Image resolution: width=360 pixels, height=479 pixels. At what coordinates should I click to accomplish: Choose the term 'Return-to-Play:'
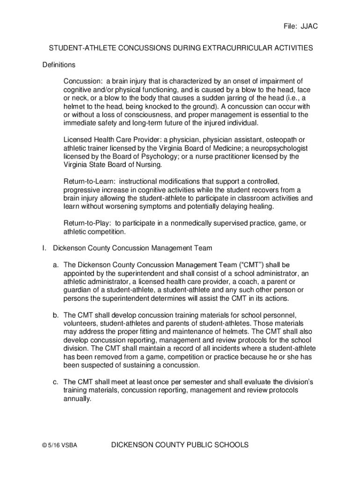click(87, 223)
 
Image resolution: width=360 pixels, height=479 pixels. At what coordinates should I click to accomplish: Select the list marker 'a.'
click(56, 265)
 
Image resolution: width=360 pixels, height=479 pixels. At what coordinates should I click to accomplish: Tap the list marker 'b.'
click(56, 315)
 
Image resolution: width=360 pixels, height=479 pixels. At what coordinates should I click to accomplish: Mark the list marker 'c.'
click(56, 382)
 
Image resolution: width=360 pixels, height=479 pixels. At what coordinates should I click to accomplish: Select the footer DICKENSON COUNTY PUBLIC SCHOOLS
click(180, 445)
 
